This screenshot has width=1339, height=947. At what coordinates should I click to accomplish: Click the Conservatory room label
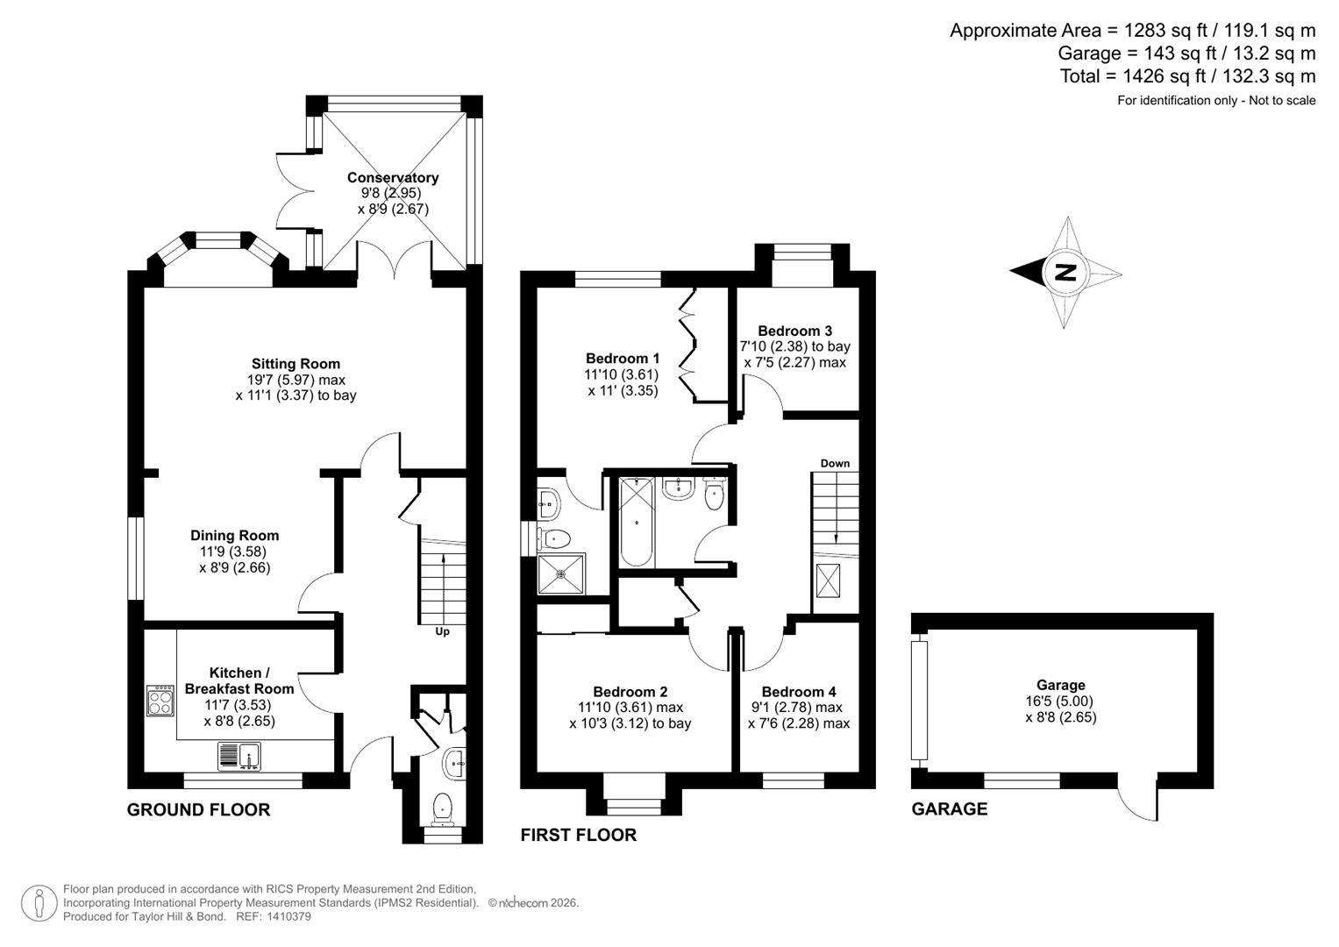pos(392,177)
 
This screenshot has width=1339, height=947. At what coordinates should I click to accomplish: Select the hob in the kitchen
pos(160,700)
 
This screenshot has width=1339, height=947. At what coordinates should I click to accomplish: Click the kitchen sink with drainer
pos(239,756)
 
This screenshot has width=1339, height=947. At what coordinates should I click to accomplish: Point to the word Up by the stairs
pos(442,631)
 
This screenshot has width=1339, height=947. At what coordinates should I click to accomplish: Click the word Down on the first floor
pos(835,463)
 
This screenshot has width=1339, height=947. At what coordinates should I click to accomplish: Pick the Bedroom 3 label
pos(794,331)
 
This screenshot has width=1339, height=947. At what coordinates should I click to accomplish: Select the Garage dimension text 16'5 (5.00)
pos(1060,701)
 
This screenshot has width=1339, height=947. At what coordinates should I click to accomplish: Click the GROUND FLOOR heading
pos(198,809)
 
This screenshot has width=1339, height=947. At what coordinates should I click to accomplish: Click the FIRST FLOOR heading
pos(579,835)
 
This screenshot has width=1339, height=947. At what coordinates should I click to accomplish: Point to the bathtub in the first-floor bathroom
pos(635,522)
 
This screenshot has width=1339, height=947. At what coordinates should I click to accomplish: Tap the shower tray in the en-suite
pos(562,574)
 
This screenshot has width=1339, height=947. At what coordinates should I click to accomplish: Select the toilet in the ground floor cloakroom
pos(443,808)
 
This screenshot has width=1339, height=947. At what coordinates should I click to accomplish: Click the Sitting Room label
pos(296,363)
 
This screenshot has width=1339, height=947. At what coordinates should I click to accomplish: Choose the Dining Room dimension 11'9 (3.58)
pos(232,552)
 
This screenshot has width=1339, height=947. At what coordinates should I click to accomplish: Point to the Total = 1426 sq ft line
pos(1187,76)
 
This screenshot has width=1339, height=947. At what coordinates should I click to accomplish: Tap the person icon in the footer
pos(39,903)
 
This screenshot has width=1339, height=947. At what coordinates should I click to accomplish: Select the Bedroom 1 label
pos(623,358)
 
